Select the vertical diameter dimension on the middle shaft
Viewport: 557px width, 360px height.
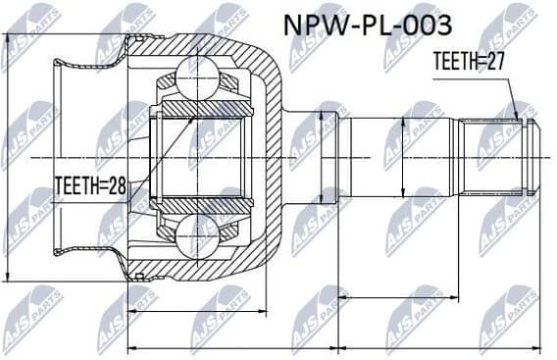(x=403, y=157)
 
